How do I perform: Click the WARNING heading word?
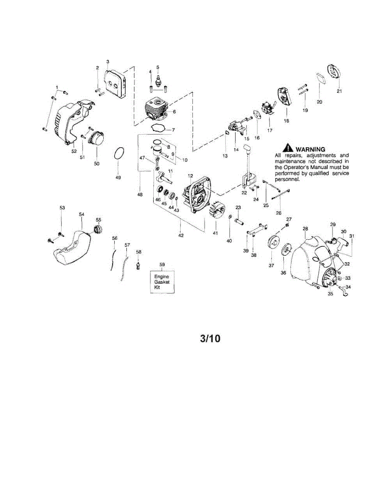click(x=310, y=149)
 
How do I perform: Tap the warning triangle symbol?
click(x=288, y=148)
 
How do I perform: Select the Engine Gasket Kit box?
click(x=161, y=283)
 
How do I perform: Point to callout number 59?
click(x=162, y=264)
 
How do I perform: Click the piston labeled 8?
click(x=158, y=152)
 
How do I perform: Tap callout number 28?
click(x=306, y=228)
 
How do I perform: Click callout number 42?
click(x=181, y=236)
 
